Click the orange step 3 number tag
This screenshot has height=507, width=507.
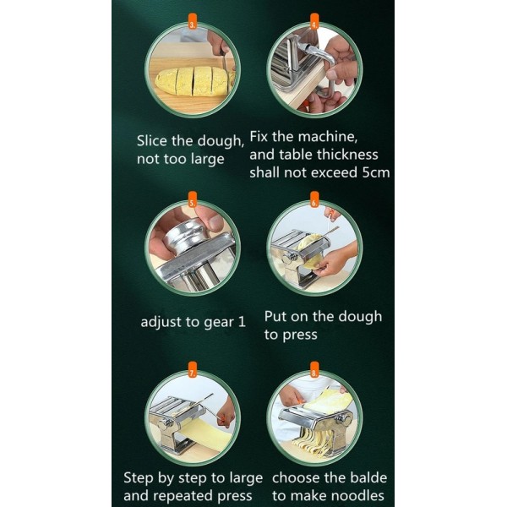tap(193, 21)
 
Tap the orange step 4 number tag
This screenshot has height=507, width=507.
tap(314, 21)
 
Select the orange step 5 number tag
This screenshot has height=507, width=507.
tap(193, 199)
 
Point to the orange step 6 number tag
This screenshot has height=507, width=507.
tap(314, 199)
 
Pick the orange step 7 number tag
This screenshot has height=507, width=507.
tap(193, 369)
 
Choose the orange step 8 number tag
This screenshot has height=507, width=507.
tap(314, 369)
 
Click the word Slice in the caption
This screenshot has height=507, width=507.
tap(151, 140)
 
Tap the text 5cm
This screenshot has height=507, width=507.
tap(376, 172)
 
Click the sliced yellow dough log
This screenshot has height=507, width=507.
tap(194, 81)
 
